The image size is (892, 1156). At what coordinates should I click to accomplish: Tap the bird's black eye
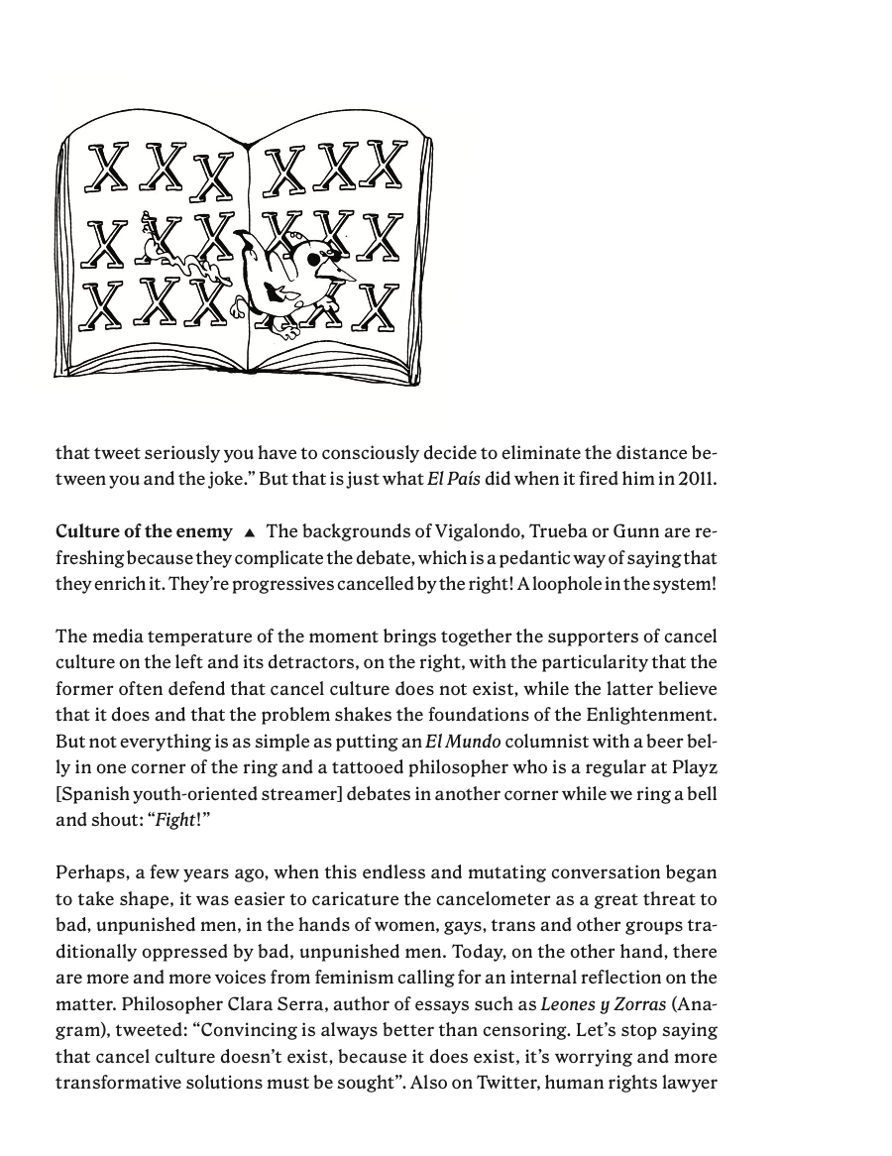317,259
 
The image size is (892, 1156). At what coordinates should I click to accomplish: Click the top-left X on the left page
108,168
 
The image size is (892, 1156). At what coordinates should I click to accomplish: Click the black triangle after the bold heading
250,532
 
